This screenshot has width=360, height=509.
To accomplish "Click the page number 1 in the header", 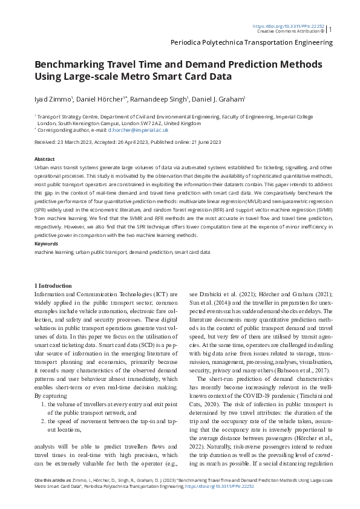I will pos(330,28).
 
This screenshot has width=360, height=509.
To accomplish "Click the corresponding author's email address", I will pos(137,129).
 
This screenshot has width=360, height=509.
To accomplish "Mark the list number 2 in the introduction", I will pos(42,403).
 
